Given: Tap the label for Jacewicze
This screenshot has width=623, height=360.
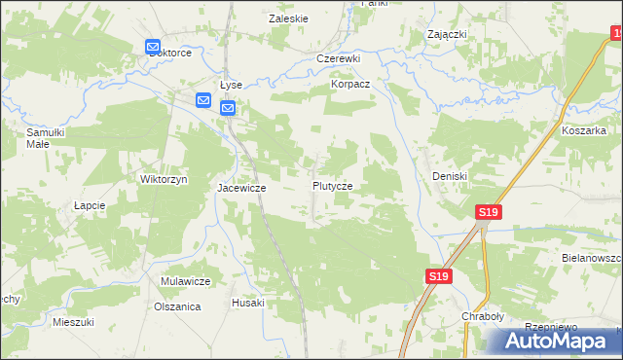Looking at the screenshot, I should point(241,187).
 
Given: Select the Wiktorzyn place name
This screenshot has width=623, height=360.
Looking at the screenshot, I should point(164,180).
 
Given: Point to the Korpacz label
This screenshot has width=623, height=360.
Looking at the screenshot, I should point(350,86).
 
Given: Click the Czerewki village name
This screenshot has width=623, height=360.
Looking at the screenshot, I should point(339,58).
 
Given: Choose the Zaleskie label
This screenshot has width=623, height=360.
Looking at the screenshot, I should point(288,18).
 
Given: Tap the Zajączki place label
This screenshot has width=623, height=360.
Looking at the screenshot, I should point(448,34).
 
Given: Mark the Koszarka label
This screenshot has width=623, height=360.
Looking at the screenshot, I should point(584,129).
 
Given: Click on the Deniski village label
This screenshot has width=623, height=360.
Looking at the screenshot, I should point(450,176).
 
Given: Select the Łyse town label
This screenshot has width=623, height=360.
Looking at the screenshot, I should point(231,85).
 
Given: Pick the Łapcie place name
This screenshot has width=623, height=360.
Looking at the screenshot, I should point(89,206).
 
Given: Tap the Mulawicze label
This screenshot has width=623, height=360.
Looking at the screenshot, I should point(186,281).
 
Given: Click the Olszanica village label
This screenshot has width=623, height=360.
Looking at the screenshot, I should point(177,306).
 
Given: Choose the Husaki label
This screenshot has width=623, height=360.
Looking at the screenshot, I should point(247,303).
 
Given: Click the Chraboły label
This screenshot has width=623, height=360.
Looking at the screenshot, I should point(481,317).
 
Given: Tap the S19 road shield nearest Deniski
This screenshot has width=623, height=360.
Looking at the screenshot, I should point(489,212).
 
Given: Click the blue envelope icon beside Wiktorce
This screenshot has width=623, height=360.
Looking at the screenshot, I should point(153,47).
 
